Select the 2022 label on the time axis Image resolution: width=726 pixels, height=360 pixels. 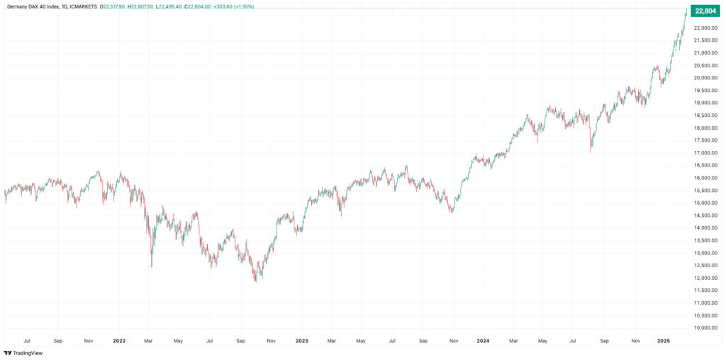tap(119, 341)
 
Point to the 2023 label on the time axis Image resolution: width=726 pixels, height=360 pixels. tap(301, 341)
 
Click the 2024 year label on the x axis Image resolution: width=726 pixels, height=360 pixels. tap(484, 341)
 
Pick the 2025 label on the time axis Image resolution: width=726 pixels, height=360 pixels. tap(664, 341)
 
